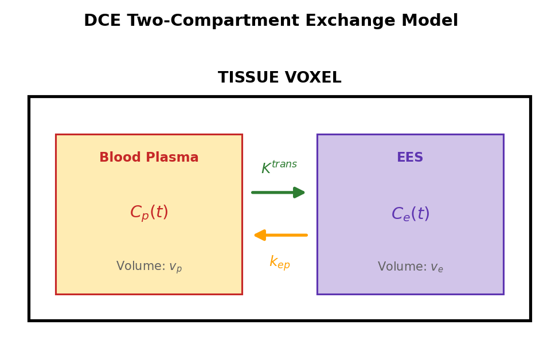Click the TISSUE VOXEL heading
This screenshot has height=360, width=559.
[279, 78]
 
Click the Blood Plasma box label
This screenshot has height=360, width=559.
[148, 158]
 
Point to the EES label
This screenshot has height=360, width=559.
[410, 158]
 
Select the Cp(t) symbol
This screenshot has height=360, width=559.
[148, 213]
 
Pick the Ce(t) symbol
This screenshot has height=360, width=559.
[410, 214]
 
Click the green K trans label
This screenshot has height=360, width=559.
[279, 167]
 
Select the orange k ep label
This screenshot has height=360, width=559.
[279, 263]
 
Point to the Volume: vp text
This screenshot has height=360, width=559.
[148, 267]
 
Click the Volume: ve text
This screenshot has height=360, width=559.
[410, 267]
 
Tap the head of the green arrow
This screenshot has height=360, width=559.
[299, 193]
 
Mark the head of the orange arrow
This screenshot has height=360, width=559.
[260, 235]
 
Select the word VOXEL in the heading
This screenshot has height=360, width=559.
[313, 78]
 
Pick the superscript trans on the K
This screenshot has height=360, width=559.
[284, 165]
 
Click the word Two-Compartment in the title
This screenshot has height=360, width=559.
[213, 21]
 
